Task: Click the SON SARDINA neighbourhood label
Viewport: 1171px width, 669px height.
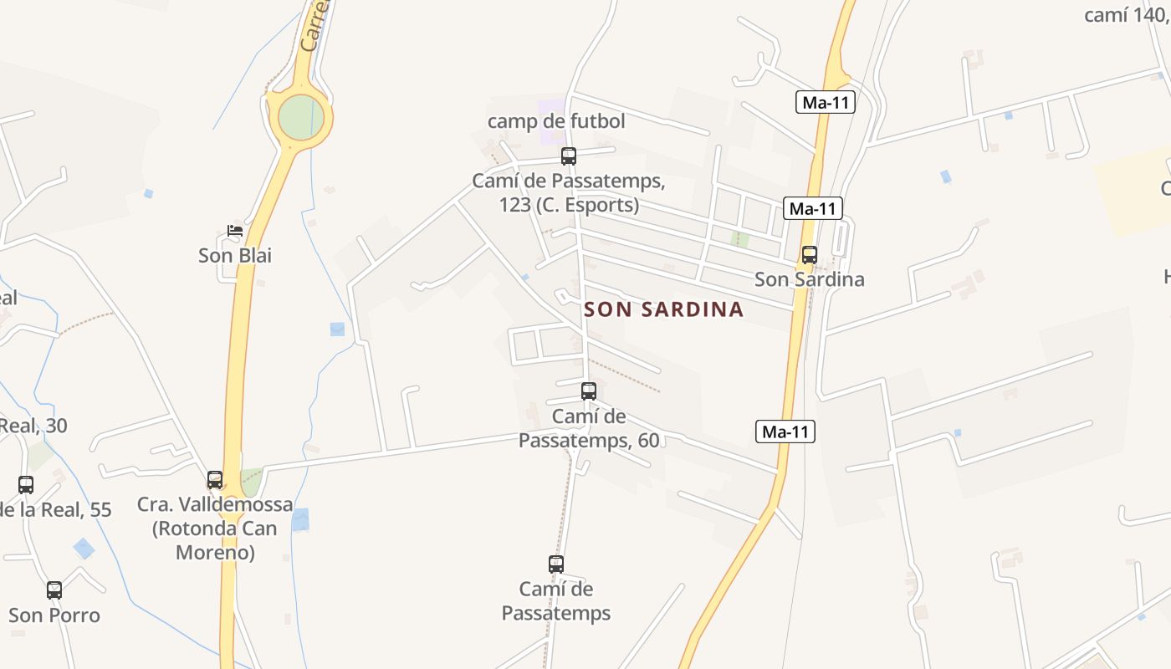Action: point(663,309)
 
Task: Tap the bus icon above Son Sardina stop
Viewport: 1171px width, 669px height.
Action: point(809,255)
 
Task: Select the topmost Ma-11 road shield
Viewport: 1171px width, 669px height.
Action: point(826,103)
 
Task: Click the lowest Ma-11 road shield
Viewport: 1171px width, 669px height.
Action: point(785,432)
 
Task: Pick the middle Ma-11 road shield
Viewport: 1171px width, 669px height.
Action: point(813,208)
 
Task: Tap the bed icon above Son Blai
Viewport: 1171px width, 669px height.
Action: point(235,231)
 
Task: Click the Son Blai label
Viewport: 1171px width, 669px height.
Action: point(235,255)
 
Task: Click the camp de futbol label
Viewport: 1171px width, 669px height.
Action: point(556,121)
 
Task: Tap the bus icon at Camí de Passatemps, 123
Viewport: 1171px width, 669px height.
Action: point(569,156)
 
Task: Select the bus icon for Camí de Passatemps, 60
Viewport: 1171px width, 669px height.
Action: point(589,391)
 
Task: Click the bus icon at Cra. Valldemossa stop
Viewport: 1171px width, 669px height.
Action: point(215,480)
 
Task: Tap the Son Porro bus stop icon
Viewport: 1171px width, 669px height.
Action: point(54,590)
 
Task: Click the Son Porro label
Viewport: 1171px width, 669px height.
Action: point(54,615)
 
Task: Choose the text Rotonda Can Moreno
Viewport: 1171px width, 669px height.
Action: point(215,540)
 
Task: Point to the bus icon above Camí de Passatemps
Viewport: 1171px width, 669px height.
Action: point(556,564)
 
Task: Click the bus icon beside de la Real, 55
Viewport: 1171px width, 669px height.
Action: point(26,485)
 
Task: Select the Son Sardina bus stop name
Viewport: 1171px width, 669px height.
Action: point(809,279)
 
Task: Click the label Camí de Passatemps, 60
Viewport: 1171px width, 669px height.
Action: point(589,428)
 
